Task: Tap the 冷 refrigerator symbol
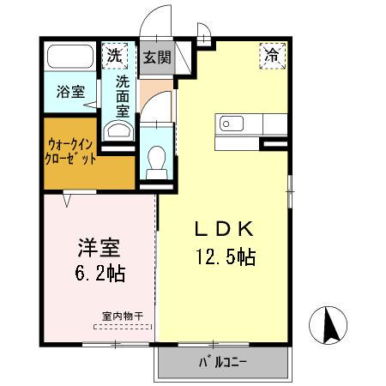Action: tap(271, 57)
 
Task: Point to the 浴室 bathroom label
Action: tap(70, 92)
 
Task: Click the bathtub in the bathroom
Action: tap(70, 58)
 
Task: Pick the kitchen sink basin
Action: tap(233, 124)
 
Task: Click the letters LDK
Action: tap(222, 229)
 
